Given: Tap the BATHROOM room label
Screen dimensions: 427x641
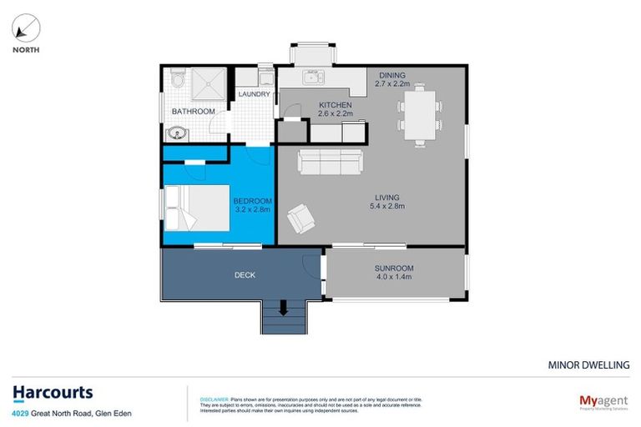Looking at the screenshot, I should tap(193, 111).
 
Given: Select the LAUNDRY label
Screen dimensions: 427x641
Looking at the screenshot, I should tap(255, 94).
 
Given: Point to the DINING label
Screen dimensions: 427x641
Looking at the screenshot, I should tap(391, 74).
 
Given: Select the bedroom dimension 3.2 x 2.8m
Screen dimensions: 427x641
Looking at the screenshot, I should tap(252, 212).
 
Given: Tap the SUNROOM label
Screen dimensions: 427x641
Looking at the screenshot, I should tap(394, 268).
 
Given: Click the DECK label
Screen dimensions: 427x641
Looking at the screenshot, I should tap(245, 274).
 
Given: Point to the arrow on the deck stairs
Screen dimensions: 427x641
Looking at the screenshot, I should tap(283, 309).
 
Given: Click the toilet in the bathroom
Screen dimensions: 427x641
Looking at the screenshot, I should tap(176, 79).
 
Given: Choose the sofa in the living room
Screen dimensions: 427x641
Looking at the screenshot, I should tap(331, 162).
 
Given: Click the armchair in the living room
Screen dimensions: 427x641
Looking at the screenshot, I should tap(300, 221).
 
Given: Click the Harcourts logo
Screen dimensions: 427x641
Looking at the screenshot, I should tap(53, 393).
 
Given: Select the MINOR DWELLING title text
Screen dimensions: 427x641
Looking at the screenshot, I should tap(588, 364).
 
